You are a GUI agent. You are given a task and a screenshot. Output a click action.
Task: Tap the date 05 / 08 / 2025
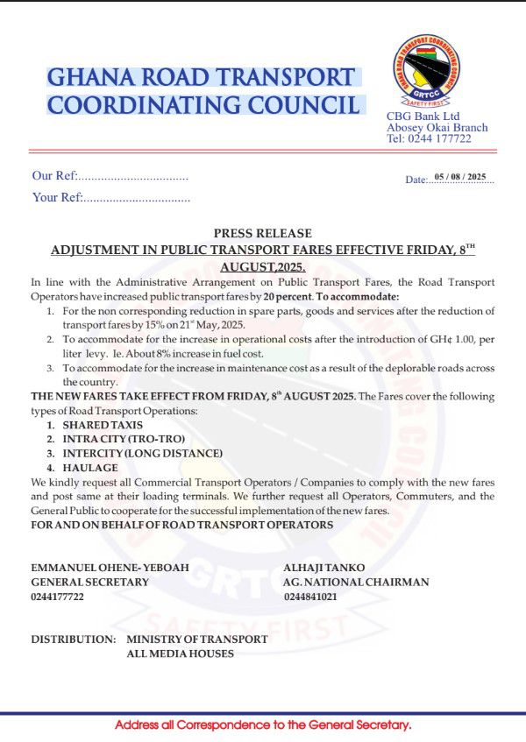pos(459,177)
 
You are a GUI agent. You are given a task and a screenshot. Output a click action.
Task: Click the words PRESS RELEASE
pos(262,233)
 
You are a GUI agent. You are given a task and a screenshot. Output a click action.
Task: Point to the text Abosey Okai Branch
pos(437,128)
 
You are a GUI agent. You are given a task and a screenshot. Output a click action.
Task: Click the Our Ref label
pos(54,176)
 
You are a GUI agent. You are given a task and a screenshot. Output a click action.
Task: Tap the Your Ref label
pos(57,197)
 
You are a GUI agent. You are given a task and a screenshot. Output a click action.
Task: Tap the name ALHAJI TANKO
pos(323,568)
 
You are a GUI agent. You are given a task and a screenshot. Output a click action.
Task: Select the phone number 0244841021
pos(310,597)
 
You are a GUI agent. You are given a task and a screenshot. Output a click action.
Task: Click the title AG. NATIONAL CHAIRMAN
pos(356,582)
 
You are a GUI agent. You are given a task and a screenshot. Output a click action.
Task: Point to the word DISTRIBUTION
pos(73,640)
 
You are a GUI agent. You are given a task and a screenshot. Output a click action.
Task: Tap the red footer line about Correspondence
pos(263,725)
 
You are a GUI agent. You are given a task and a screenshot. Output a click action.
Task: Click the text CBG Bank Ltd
pos(423,117)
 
